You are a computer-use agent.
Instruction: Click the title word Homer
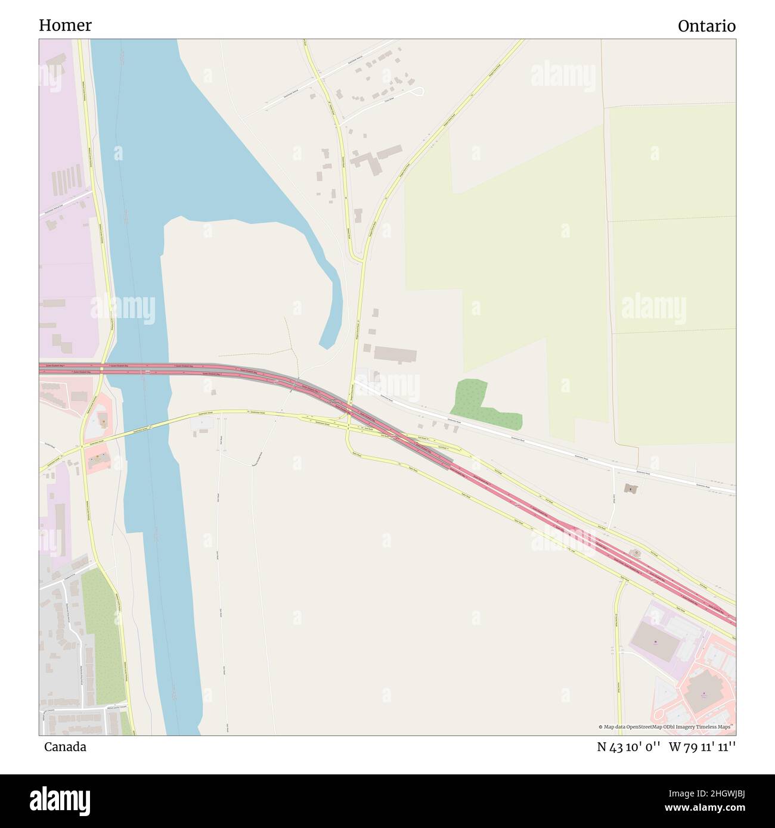click(x=65, y=26)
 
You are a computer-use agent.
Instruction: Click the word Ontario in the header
click(x=706, y=26)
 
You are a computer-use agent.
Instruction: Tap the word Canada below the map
click(x=65, y=747)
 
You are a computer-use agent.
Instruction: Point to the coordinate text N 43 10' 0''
click(x=628, y=747)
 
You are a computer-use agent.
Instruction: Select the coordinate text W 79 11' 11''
click(x=702, y=747)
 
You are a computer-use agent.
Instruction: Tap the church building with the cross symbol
click(x=630, y=488)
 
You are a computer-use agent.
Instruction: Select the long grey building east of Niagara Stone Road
click(x=395, y=354)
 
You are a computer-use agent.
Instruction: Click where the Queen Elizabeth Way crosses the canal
click(x=143, y=370)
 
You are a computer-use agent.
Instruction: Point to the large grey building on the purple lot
click(x=655, y=642)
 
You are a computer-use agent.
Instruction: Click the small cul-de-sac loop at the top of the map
click(x=418, y=91)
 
